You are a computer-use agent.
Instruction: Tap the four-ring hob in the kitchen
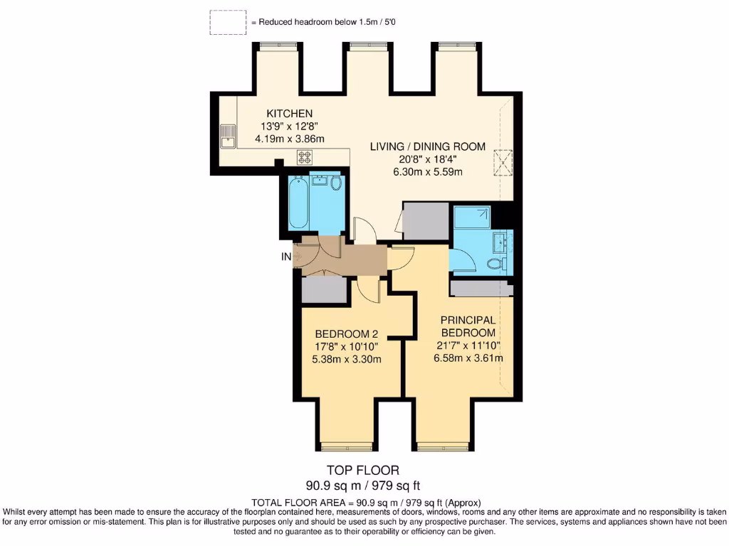(x=305, y=157)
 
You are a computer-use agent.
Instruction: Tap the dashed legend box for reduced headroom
(x=228, y=23)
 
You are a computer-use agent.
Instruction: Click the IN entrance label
(x=286, y=257)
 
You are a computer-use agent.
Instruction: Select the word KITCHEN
(x=289, y=114)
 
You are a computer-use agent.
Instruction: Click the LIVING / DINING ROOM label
(x=428, y=146)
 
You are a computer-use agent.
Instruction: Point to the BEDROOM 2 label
(x=347, y=334)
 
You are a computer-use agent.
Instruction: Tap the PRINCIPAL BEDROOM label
(x=467, y=326)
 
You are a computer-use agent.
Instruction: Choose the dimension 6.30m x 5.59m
(x=427, y=172)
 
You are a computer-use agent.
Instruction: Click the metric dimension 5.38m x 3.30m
(x=347, y=359)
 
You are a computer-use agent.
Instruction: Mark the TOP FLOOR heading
(x=362, y=470)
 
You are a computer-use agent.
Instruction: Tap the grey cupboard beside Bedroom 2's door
(x=323, y=290)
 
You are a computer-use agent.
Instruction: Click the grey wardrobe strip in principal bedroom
(x=481, y=289)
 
